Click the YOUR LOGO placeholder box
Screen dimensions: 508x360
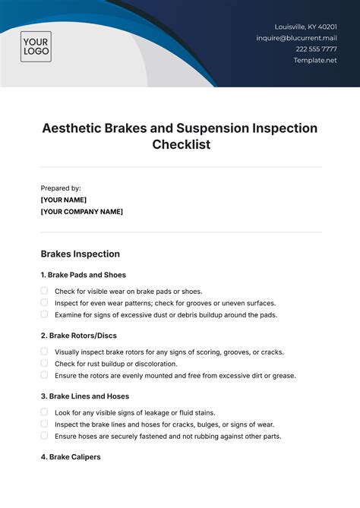[x=36, y=46]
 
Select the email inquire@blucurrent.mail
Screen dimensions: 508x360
[x=296, y=37]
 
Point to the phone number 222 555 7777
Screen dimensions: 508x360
[x=317, y=49]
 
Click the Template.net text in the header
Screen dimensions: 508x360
[x=315, y=60]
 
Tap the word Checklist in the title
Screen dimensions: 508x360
[x=180, y=144]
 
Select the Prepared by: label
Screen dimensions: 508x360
[x=61, y=188]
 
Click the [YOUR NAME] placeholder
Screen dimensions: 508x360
[x=68, y=200]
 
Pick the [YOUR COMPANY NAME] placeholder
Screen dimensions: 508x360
[x=81, y=212]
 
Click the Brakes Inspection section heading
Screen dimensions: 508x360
[x=80, y=254]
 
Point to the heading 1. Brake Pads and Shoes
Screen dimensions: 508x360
[x=83, y=275]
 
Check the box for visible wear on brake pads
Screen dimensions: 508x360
[x=44, y=291]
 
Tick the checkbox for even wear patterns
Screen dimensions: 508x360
[x=44, y=302]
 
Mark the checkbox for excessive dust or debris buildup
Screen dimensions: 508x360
[x=44, y=314]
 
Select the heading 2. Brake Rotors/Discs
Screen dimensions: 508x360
[x=78, y=335]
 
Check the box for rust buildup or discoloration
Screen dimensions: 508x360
[x=44, y=363]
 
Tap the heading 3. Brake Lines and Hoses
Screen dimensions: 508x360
[x=84, y=396]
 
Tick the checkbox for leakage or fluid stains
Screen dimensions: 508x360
[x=44, y=412]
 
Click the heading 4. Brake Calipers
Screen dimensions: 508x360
[x=70, y=456]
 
